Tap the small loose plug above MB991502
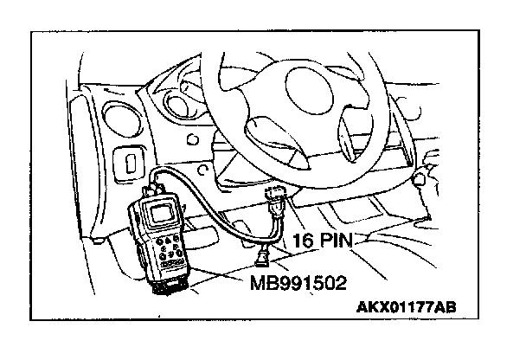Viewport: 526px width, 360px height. pyautogui.click(x=261, y=254)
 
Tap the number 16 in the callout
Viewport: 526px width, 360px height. pyautogui.click(x=303, y=240)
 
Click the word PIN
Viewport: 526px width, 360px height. pyautogui.click(x=337, y=240)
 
